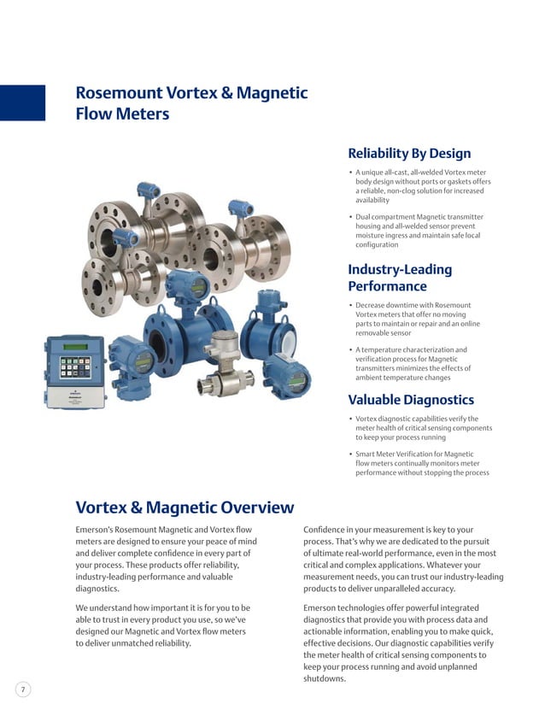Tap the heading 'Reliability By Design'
pyautogui.click(x=409, y=154)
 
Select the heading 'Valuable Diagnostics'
pyautogui.click(x=411, y=400)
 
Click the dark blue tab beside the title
pyautogui.click(x=22, y=103)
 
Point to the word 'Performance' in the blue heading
pyautogui.click(x=387, y=286)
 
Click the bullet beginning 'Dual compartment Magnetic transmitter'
pyautogui.click(x=419, y=231)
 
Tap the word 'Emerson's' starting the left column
pyautogui.click(x=97, y=530)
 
